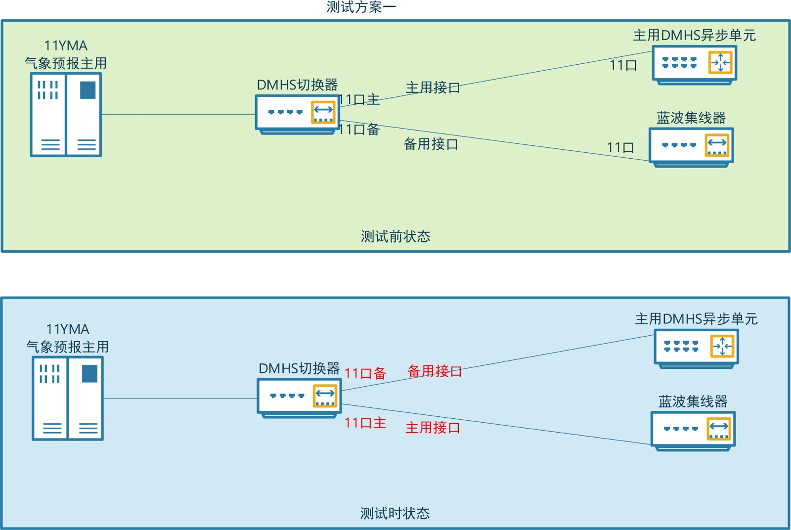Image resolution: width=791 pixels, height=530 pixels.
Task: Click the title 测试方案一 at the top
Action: tap(361, 7)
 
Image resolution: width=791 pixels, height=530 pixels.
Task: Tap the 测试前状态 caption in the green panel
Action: tap(395, 236)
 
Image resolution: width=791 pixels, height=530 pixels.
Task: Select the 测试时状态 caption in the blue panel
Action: tap(395, 513)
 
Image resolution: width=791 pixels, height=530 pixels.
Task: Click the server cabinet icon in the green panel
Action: tap(66, 115)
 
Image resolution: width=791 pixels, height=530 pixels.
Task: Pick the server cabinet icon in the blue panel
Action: tap(68, 398)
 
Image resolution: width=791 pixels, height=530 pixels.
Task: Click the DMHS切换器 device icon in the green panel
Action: tap(298, 114)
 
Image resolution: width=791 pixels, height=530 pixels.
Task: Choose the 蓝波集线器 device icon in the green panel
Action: tap(691, 147)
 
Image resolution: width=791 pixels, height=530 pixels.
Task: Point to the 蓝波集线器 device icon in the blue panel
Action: tap(693, 430)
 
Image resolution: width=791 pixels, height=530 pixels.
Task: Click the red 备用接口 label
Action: tap(435, 371)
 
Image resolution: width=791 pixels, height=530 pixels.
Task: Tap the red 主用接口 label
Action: tap(433, 428)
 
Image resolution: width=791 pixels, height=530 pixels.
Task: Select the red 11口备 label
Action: tap(365, 373)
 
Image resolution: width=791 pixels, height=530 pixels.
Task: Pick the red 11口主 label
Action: tap(365, 423)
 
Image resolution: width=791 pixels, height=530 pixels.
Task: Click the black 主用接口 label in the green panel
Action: tap(433, 88)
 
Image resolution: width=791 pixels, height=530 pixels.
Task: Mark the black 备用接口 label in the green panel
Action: tap(431, 144)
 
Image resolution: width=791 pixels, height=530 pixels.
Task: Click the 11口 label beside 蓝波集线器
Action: tap(620, 147)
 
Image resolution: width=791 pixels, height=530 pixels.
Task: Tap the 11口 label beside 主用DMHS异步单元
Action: tap(623, 65)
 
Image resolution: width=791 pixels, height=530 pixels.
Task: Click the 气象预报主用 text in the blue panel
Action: tap(68, 347)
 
